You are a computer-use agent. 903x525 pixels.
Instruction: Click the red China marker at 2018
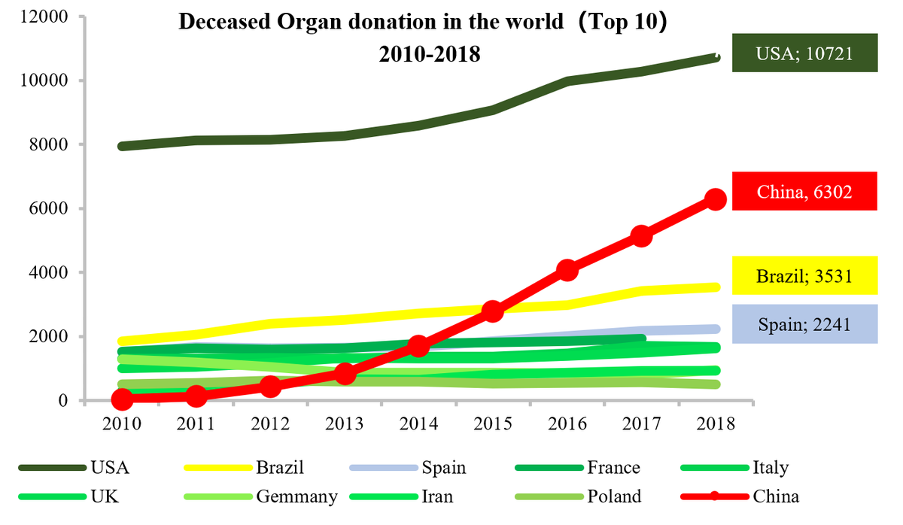(715, 199)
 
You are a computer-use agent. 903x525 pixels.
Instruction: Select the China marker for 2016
(567, 270)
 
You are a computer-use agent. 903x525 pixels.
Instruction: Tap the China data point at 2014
(419, 346)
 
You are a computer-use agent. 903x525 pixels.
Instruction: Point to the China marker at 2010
(122, 399)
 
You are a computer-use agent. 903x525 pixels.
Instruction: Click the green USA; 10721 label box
(804, 53)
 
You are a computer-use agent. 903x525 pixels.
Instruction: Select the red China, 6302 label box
(804, 191)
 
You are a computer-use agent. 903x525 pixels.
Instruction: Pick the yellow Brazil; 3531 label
(804, 275)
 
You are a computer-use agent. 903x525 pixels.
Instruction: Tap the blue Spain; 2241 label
(804, 324)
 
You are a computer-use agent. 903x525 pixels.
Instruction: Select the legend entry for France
(614, 468)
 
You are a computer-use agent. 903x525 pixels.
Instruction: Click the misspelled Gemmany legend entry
(296, 496)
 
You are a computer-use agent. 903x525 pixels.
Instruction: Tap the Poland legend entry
(614, 496)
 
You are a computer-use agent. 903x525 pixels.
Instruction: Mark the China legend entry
(775, 496)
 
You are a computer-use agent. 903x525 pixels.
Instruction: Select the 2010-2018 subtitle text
(430, 54)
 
